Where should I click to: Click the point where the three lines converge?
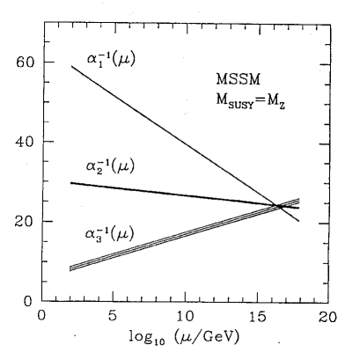coord(280,206)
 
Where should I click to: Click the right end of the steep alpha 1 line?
coord(299,222)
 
